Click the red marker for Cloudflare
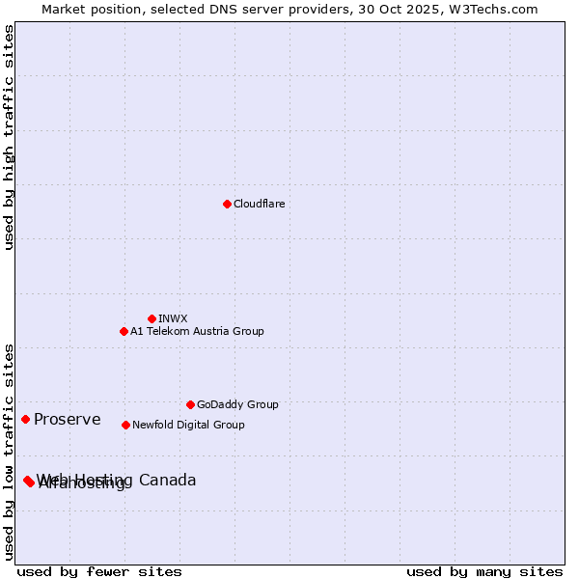pos(227,204)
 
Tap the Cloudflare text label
pos(259,204)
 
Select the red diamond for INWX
pos(152,318)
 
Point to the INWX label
pos(173,318)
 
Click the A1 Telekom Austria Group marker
pos(124,331)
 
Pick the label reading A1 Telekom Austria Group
pos(197,331)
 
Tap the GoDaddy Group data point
pos(190,404)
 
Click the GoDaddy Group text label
pos(236,404)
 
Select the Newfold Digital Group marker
pos(125,425)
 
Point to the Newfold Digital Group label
pos(188,425)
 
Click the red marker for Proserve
pos(26,419)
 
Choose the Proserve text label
pos(67,419)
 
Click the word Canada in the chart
pos(168,480)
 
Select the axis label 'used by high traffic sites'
pos(9,137)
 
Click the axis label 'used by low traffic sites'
pos(9,452)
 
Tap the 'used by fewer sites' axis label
pos(99,571)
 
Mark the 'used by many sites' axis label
pos(484,571)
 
